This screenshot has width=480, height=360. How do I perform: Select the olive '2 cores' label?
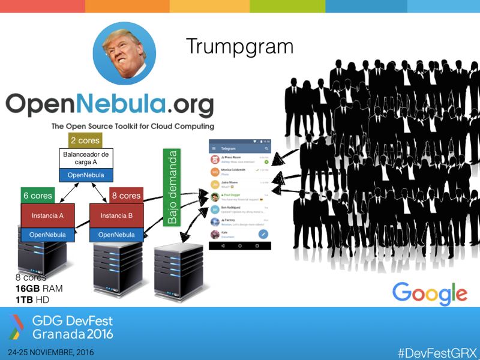point(85,140)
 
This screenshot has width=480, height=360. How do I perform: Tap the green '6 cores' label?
point(38,196)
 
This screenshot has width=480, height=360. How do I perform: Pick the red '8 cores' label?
point(126,196)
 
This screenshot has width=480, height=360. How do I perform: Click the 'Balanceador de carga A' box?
point(86,158)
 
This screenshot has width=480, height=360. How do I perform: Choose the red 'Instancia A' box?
point(47,215)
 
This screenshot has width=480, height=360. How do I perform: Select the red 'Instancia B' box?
point(116,215)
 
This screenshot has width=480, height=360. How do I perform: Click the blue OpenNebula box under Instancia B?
point(116,235)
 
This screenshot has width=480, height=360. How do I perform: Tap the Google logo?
point(430,293)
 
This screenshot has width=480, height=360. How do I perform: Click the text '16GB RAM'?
point(39,289)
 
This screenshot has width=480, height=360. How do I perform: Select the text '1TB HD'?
point(32,299)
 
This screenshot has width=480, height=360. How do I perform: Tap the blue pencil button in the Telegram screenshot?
point(262,234)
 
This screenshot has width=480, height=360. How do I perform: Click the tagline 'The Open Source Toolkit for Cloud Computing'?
point(133,127)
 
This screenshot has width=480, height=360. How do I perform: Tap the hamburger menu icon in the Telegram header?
point(214,148)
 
